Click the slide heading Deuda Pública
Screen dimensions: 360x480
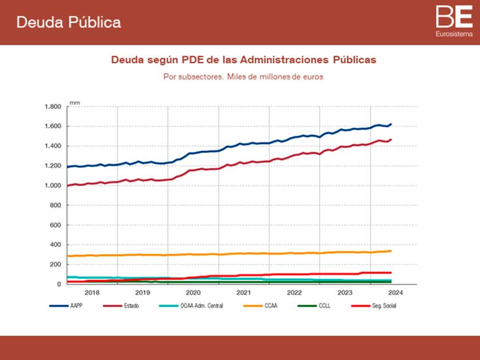(x=69, y=22)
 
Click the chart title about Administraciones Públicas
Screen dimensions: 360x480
(x=243, y=59)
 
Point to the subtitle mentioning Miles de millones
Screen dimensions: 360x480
(x=243, y=77)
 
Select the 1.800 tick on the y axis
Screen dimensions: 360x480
(x=53, y=107)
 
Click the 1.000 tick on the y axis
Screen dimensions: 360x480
(x=53, y=186)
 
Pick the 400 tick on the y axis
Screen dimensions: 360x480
(x=55, y=245)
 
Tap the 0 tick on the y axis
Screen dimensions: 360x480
(x=59, y=284)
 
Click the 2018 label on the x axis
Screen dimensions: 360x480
(x=92, y=292)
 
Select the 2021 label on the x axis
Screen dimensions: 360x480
(x=243, y=292)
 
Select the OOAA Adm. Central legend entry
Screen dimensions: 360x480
(x=201, y=306)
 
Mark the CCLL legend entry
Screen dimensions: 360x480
(x=323, y=306)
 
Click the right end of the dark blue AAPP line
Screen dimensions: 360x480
(x=391, y=124)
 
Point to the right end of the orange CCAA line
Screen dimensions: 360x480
(x=391, y=251)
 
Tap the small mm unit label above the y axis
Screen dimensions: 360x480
(x=74, y=102)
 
